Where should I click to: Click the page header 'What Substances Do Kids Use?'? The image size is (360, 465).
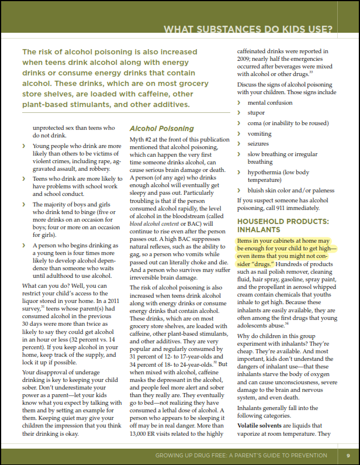248,29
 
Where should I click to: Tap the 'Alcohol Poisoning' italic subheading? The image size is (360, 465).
161,128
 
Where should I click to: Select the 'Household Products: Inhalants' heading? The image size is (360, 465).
283,226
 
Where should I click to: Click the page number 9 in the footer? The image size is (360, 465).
347,455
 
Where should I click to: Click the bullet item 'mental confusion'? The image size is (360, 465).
271,102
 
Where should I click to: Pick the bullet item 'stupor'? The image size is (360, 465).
256,112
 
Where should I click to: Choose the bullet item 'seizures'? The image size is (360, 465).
258,144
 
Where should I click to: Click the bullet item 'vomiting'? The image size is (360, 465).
259,133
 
